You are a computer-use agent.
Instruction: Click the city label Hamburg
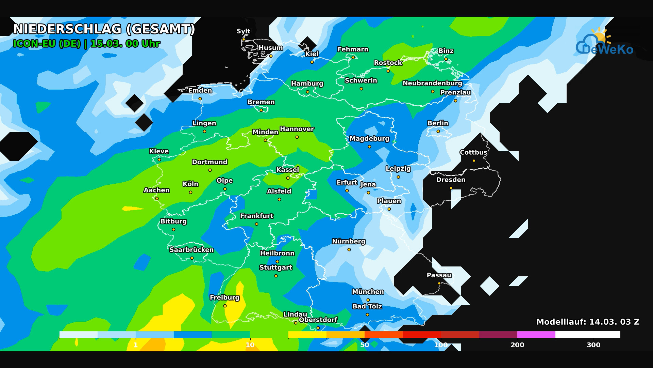tap(307, 83)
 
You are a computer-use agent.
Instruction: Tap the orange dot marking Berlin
tap(438, 131)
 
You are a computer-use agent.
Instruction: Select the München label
tap(368, 292)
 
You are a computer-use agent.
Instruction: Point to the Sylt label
tap(243, 31)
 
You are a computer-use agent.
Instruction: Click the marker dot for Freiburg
tap(225, 306)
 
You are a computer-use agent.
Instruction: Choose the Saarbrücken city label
tap(191, 250)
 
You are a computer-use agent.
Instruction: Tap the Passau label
tap(439, 275)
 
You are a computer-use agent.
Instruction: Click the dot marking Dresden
tap(451, 188)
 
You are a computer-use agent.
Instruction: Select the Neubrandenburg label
tap(432, 83)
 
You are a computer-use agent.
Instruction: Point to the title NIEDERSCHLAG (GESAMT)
tap(104, 29)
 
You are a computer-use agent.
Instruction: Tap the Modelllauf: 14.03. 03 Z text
tap(587, 322)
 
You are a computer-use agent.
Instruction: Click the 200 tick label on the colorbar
tap(517, 345)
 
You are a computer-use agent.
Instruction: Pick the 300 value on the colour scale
tap(593, 345)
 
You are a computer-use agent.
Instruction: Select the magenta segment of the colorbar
tap(536, 335)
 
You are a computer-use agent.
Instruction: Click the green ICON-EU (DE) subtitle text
tap(47, 44)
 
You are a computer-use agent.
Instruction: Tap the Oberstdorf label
tap(318, 320)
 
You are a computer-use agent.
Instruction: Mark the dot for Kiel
tap(312, 62)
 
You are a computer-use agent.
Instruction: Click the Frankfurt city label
tap(256, 216)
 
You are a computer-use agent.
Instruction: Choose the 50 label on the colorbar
tap(365, 345)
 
